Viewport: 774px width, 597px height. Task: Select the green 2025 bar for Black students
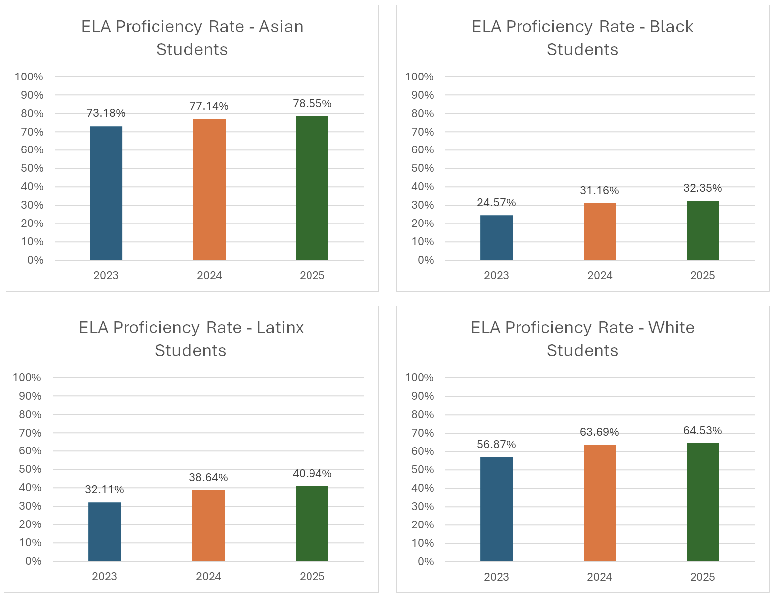coord(702,230)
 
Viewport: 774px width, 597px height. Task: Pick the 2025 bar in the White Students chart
coord(702,502)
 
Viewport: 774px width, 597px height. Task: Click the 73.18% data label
coord(106,113)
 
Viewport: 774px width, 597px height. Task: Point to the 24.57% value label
coord(496,203)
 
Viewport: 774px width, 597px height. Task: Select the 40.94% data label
coord(312,474)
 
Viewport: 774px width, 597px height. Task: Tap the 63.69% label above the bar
coord(599,432)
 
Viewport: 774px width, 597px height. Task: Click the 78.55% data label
coord(312,104)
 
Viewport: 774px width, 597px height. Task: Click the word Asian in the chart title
coord(281,27)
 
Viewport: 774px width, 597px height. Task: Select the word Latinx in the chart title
coord(280,328)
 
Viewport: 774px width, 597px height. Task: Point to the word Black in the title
coord(671,27)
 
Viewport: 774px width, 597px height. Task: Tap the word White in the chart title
coord(671,328)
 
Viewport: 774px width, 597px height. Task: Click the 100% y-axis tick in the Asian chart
coord(29,77)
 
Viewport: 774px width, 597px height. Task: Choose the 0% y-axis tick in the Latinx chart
coord(33,561)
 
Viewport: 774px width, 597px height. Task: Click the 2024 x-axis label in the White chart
coord(599,577)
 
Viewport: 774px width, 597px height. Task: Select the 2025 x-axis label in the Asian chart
coord(312,276)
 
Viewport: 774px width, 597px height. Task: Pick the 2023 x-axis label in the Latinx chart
coord(104,577)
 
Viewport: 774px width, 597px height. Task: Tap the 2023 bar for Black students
coord(496,237)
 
